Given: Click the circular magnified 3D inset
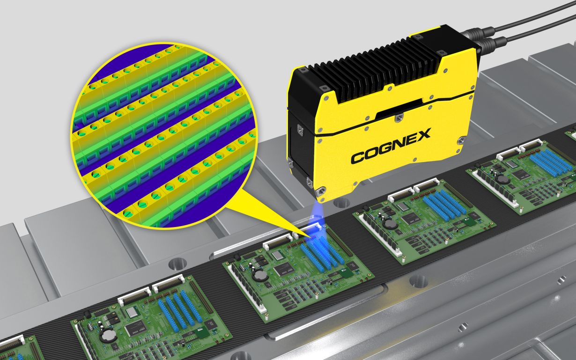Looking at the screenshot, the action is point(164,135).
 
